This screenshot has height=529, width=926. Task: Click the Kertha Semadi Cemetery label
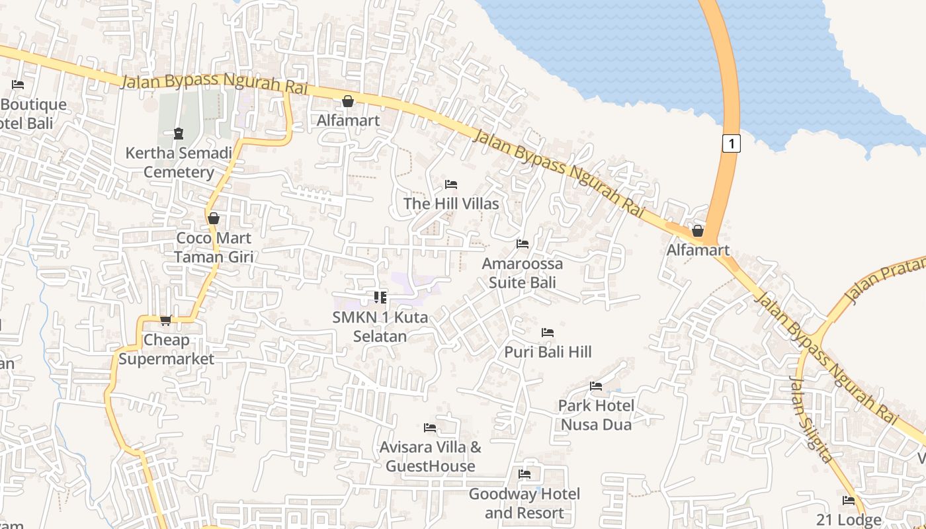179,163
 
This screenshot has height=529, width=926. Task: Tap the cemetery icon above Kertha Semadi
179,134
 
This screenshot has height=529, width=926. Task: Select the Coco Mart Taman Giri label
213,247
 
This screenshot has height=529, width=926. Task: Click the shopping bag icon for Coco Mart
213,218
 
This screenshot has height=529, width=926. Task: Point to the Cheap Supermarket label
167,349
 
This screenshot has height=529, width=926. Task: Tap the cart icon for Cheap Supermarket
165,321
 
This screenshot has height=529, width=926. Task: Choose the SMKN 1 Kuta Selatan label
380,326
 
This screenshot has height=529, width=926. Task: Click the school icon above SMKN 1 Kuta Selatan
380,298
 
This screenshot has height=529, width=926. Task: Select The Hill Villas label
451,204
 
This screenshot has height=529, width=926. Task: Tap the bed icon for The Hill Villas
451,184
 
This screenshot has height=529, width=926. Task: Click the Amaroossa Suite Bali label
522,272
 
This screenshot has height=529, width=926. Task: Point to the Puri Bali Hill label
548,352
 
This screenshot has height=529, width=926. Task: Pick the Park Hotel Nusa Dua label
596,415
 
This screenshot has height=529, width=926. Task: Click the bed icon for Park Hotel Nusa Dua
596,386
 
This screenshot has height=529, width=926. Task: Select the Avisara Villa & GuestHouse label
430,456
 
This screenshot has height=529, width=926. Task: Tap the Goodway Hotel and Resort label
524,503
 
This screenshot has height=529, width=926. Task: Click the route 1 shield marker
730,143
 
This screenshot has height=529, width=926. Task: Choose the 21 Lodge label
848,520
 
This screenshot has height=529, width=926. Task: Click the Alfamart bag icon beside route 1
697,231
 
